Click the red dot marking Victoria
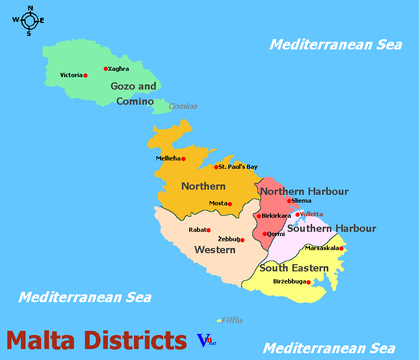pos(85,76)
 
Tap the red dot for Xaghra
pos(106,69)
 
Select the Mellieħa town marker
pos(183,159)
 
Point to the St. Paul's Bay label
pos(238,167)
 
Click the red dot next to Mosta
pos(230,204)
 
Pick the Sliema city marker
pos(289,201)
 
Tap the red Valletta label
pos(311,214)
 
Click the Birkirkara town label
pos(276,216)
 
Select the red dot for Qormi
pos(265,234)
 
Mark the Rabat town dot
pos(208,230)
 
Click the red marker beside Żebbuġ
pos(242,240)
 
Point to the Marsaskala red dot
pos(341,249)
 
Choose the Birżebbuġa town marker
pos(309,282)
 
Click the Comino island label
pos(183,106)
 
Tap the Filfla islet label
pos(232,320)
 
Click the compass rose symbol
pos(29,21)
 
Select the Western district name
pos(215,250)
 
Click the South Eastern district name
pos(294,268)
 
